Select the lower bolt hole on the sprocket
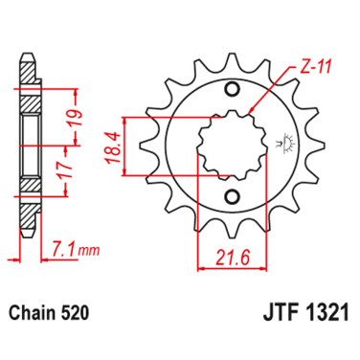230,198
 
